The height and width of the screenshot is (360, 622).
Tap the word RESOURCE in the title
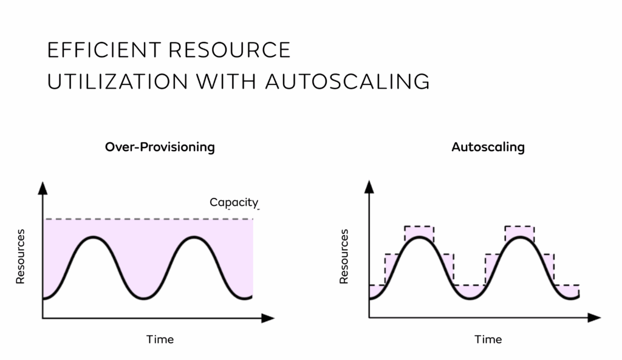[x=230, y=50]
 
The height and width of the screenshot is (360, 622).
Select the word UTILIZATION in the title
[x=117, y=82]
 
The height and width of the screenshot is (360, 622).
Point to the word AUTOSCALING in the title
[x=347, y=82]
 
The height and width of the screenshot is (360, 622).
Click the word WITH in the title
[x=226, y=82]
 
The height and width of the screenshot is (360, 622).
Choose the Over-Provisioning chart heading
[x=160, y=147]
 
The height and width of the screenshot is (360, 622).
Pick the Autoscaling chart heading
[x=488, y=147]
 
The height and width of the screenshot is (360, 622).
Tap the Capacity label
[x=234, y=203]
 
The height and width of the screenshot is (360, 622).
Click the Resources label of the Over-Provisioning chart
[x=20, y=256]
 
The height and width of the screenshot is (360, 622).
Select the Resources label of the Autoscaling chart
[x=344, y=256]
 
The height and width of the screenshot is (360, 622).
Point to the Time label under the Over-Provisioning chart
[x=160, y=339]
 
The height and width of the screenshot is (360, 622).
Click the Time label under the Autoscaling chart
[x=488, y=339]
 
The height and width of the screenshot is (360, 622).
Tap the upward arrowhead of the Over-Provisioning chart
[x=43, y=188]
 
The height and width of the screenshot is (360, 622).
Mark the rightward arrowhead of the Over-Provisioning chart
[x=268, y=318]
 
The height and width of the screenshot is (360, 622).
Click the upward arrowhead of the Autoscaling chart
[x=369, y=187]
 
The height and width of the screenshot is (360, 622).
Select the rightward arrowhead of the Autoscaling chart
[x=594, y=318]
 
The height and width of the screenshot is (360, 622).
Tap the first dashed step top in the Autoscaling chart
[x=419, y=226]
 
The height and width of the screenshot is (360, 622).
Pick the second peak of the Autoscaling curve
[x=520, y=237]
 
